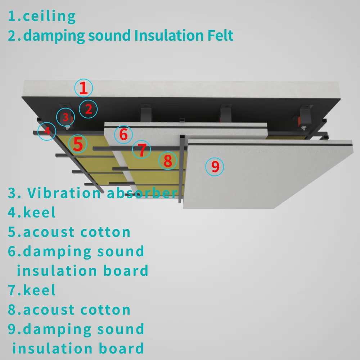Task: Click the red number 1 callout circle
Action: click(x=84, y=88)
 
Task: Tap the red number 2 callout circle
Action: click(x=89, y=109)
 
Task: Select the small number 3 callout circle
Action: click(x=66, y=117)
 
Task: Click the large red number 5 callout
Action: click(x=78, y=144)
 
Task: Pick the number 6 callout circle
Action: click(x=123, y=135)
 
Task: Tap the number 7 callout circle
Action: click(x=142, y=150)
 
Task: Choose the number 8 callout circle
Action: click(x=168, y=161)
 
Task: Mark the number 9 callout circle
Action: click(x=215, y=167)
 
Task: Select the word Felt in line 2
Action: click(x=218, y=36)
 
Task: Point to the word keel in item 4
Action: click(x=40, y=212)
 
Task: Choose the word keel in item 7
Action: click(x=40, y=290)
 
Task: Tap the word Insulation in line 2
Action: click(x=168, y=36)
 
